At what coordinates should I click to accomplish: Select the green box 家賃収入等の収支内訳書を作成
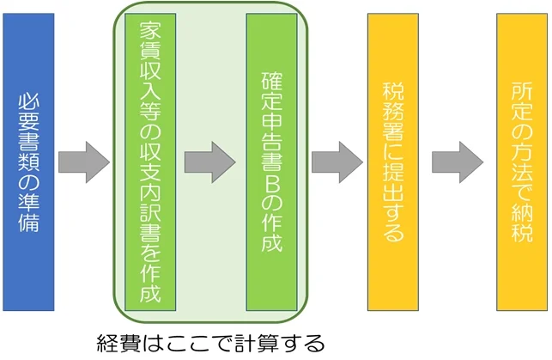tap(150, 162)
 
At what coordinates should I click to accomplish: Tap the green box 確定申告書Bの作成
tap(271, 162)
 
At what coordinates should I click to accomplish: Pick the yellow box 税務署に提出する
tap(392, 162)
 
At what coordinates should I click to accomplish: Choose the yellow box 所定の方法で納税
tap(521, 162)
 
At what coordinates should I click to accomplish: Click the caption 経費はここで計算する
tap(209, 344)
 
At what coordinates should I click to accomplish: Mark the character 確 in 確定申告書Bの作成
tap(271, 82)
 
